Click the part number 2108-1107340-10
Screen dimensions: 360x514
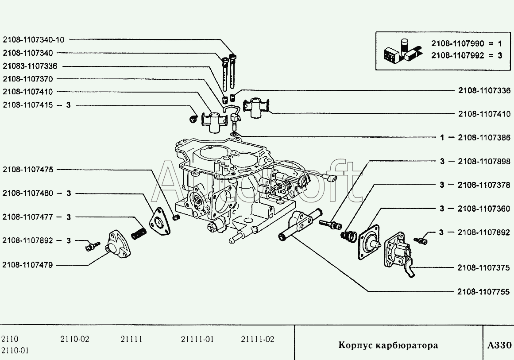[33, 39]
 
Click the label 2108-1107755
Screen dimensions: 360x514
[484, 291]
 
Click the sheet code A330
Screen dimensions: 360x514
[499, 345]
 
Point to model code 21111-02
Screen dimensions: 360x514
[258, 340]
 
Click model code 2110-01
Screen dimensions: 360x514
[15, 351]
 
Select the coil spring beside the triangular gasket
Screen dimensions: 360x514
[139, 231]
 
